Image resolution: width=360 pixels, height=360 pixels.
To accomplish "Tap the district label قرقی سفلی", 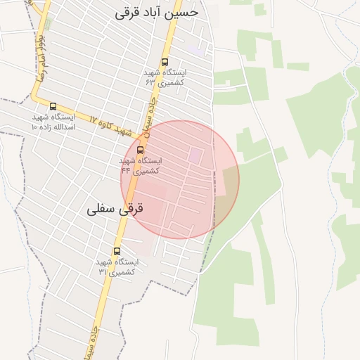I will tap(115, 209).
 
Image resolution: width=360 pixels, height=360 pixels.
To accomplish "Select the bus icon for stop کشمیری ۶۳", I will tap(165, 62).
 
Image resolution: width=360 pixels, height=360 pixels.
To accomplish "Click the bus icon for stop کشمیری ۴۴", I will tap(140, 150).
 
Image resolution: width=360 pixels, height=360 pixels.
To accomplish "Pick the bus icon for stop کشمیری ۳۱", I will tap(117, 251).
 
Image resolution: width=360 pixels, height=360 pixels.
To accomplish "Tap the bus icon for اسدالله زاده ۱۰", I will tap(53, 107).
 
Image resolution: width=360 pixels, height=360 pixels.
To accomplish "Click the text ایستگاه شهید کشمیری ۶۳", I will tap(165, 77).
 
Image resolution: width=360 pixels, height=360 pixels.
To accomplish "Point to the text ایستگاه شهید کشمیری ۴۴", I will tap(140, 165).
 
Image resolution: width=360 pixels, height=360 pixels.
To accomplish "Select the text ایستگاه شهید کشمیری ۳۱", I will tap(117, 266).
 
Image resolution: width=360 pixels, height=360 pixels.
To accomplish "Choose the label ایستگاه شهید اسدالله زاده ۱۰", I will tap(53, 122).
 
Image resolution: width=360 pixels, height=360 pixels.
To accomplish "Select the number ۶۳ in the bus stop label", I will tap(150, 82).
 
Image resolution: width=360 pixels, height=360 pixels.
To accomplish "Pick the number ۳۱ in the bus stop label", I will tap(103, 271).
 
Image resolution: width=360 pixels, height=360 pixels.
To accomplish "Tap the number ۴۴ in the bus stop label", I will tap(126, 170).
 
